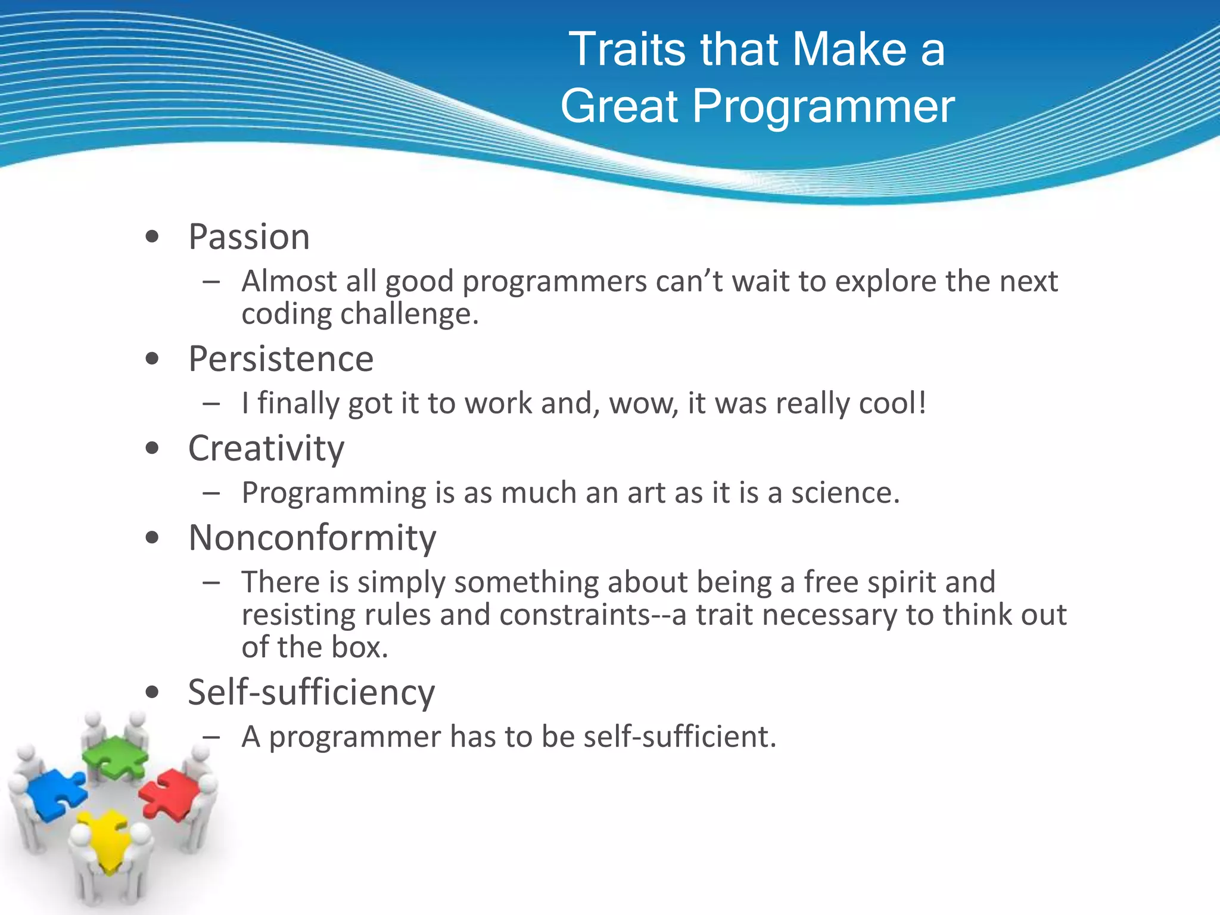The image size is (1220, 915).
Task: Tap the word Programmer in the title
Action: coord(824,107)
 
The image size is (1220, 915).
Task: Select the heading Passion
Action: coord(249,237)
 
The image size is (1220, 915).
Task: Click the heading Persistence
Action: coord(281,359)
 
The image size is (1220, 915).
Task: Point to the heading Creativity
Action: coord(266,449)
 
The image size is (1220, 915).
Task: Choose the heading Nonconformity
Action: coord(312,538)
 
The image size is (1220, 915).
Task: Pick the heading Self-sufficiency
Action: coord(311,693)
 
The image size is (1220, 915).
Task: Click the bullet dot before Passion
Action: coord(152,238)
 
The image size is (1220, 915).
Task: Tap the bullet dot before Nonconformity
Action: coord(152,539)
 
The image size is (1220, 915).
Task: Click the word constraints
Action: coord(574,615)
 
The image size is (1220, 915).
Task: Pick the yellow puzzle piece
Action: coord(108,837)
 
